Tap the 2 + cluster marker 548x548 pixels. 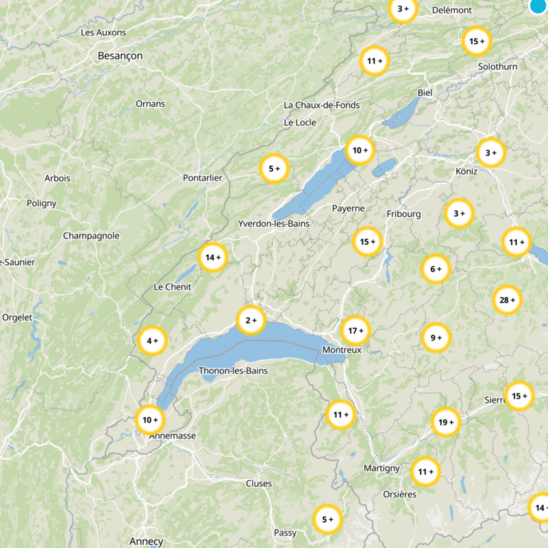251,319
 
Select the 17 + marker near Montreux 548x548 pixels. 356,331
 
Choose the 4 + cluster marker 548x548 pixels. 152,340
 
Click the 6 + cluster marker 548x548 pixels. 436,269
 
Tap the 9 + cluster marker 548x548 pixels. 436,338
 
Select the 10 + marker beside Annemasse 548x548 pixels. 149,419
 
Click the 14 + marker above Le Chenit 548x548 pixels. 213,258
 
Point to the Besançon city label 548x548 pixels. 120,55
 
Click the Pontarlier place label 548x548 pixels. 203,178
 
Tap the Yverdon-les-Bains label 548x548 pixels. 274,224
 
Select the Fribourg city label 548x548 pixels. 403,214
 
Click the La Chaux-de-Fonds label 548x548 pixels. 321,105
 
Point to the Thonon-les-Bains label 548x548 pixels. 233,371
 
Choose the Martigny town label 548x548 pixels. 382,468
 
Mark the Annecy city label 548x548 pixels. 147,541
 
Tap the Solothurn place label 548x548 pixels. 498,66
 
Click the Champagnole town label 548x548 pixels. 91,236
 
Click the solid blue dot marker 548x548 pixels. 539,6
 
